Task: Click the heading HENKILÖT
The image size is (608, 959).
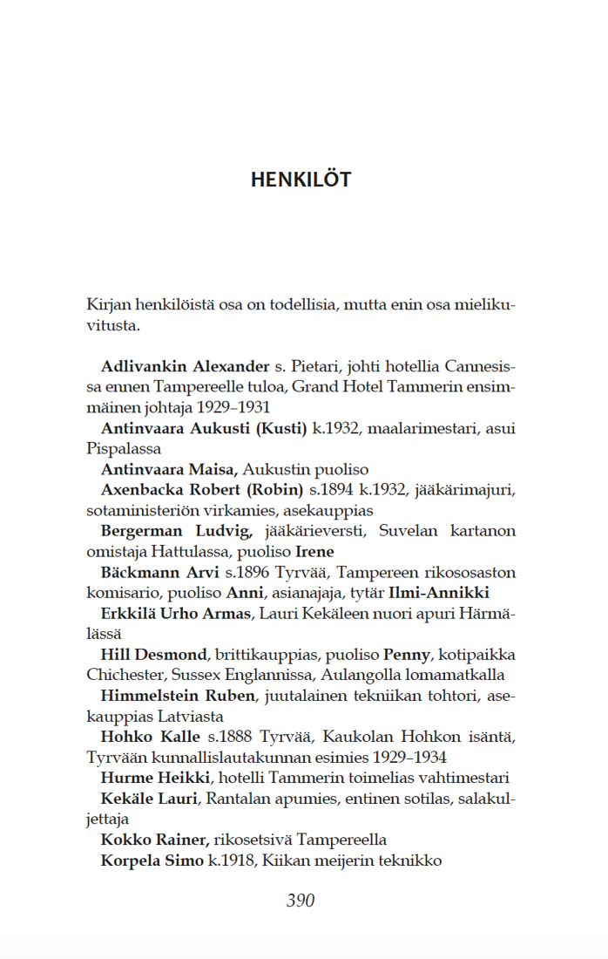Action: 301,180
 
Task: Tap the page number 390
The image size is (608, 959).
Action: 301,901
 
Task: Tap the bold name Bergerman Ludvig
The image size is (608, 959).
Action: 176,531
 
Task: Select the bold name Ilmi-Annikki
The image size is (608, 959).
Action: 439,593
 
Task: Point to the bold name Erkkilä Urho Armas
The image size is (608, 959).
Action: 176,614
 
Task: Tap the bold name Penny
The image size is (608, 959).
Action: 406,655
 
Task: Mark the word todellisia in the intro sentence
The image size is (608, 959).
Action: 301,305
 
